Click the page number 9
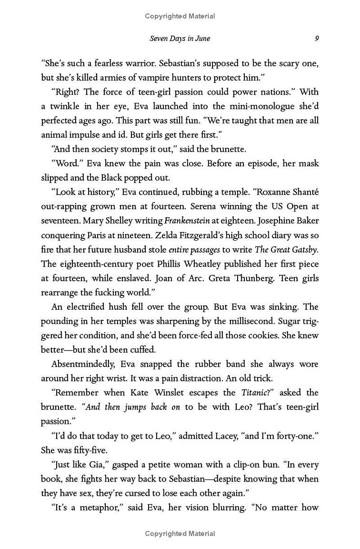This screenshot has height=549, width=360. click(317, 38)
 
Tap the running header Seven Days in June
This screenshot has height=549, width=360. click(180, 38)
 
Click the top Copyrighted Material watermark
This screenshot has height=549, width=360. click(180, 16)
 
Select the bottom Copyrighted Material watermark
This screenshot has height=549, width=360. click(180, 534)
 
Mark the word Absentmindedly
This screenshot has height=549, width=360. click(84, 364)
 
